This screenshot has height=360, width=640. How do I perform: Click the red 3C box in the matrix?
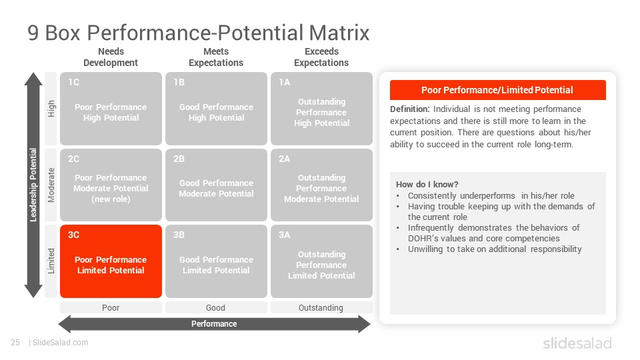111,261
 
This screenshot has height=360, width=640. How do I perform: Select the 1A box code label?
285,83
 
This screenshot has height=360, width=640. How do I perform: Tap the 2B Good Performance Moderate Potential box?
216,185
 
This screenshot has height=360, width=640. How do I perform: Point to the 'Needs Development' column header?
111,57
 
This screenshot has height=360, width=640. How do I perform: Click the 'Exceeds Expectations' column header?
321,57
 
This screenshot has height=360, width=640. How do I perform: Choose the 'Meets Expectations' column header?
216,57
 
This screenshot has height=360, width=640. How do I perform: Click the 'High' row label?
51,109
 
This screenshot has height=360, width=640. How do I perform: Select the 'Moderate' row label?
51,185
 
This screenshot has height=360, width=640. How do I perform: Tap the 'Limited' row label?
51,261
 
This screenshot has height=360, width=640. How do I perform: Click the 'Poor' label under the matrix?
111,308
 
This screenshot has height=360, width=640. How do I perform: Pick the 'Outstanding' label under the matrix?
321,308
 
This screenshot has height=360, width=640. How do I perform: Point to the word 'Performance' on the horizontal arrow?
214,324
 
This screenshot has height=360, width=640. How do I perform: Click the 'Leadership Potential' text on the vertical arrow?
33,185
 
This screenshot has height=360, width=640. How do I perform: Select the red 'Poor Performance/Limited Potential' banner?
498,90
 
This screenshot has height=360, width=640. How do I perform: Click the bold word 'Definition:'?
410,109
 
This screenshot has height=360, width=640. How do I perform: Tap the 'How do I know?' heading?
427,185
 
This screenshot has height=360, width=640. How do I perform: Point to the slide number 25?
15,343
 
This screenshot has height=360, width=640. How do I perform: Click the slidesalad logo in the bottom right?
577,343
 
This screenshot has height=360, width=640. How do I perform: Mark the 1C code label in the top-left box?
74,83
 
